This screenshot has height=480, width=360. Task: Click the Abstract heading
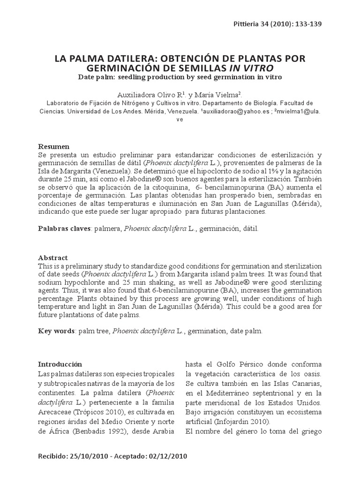tap(52, 258)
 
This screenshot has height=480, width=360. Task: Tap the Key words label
tap(56, 331)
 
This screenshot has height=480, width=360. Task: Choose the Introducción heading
tap(60, 364)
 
